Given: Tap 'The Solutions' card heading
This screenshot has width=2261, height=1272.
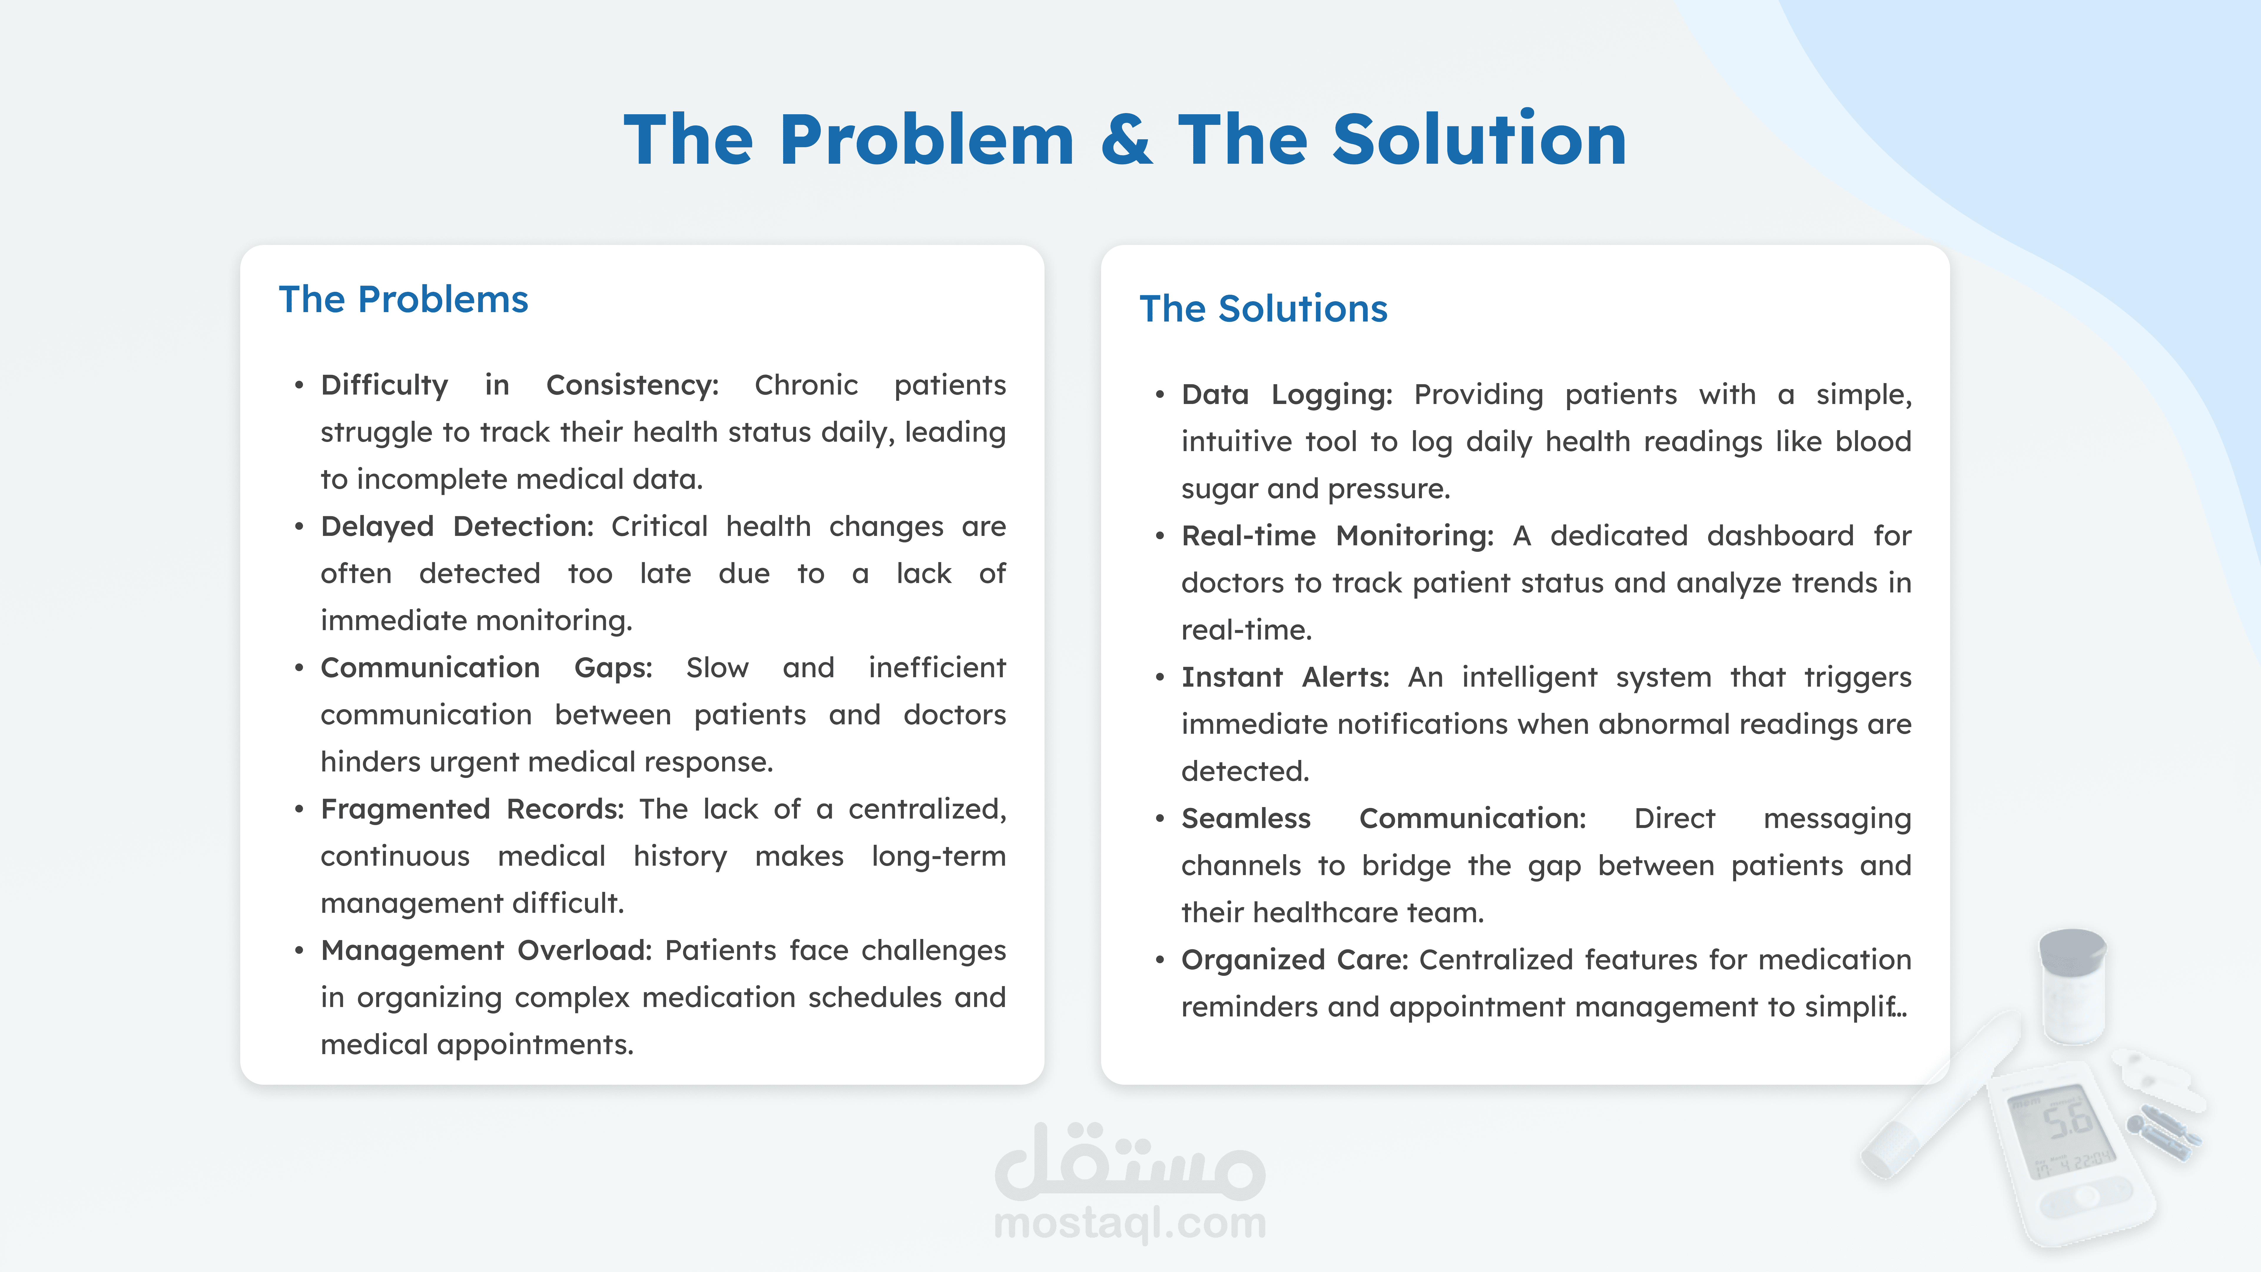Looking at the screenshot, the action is pos(1263,309).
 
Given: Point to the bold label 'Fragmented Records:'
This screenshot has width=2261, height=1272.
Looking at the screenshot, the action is pos(472,809).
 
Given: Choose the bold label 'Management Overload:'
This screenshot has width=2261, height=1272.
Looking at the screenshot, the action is pos(486,951).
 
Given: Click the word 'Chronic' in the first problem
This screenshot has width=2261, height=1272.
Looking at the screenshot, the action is pos(806,385).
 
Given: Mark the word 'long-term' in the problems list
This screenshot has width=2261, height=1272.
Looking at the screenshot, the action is pos(938,857).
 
